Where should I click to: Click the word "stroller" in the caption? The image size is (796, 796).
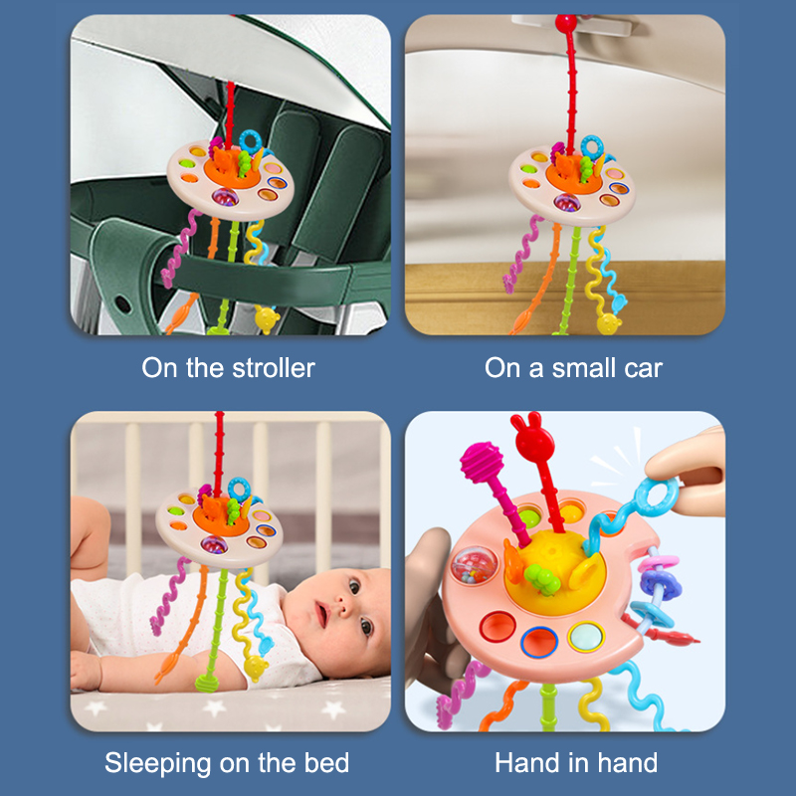coord(274,368)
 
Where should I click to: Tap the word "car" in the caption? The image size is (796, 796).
coord(643,369)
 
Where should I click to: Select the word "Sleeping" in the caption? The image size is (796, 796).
coord(157,764)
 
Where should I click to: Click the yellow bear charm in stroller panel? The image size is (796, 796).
coord(267,319)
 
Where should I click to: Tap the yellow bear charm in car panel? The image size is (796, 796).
coord(609,324)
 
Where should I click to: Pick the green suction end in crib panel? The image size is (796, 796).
coord(207,684)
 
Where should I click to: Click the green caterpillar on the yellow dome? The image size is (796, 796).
coord(542,579)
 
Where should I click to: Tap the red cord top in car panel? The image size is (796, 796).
coord(565,23)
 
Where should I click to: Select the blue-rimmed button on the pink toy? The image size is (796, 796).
coord(539,642)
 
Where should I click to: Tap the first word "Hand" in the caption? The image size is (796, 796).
coord(524,763)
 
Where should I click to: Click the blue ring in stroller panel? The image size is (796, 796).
coord(251,141)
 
